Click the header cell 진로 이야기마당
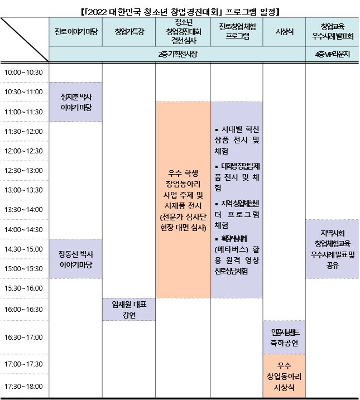pyautogui.click(x=75, y=32)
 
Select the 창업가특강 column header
pyautogui.click(x=129, y=32)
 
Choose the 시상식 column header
pyautogui.click(x=284, y=32)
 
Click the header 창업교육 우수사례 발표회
pyautogui.click(x=333, y=32)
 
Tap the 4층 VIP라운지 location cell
pyautogui.click(x=333, y=54)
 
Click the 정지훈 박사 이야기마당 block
pyautogui.click(x=75, y=102)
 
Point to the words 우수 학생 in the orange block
pyautogui.click(x=183, y=172)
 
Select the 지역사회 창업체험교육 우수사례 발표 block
pyautogui.click(x=333, y=248)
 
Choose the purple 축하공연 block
pyautogui.click(x=284, y=337)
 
